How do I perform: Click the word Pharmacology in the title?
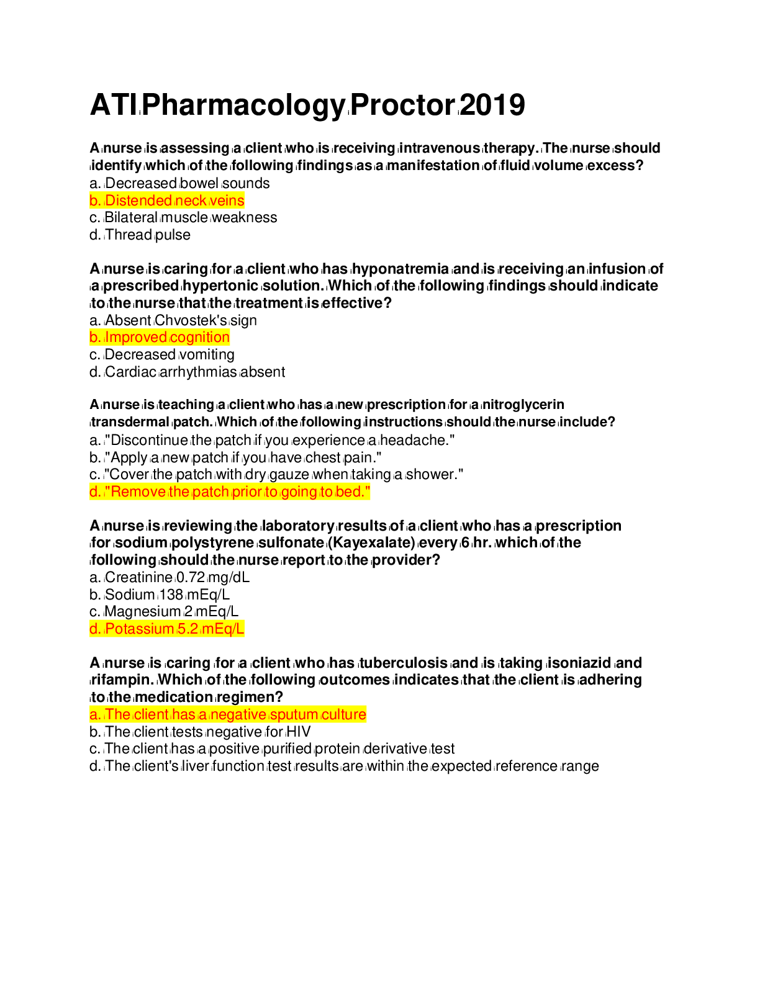click(x=245, y=105)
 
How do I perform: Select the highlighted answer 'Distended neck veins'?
click(x=166, y=200)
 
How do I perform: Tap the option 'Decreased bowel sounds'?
click(x=179, y=183)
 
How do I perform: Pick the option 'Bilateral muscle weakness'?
click(x=183, y=217)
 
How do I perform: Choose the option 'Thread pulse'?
click(x=140, y=235)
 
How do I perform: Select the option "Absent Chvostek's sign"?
click(x=173, y=320)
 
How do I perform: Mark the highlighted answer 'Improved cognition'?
click(x=160, y=337)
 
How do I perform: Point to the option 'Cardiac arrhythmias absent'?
click(x=187, y=372)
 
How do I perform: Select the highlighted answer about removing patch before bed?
click(x=230, y=492)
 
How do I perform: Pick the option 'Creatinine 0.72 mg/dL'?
click(x=170, y=577)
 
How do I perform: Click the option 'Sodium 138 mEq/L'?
click(x=160, y=595)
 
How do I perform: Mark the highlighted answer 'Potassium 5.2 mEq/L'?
click(x=166, y=629)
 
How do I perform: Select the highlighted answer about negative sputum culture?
click(x=228, y=714)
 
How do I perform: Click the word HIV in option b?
click(x=299, y=732)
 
